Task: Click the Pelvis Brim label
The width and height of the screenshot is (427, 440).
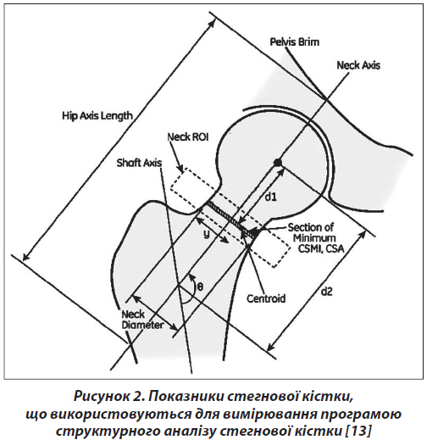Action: pyautogui.click(x=295, y=42)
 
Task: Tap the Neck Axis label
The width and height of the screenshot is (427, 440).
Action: pyautogui.click(x=358, y=65)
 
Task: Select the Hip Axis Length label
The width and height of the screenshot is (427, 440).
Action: pyautogui.click(x=97, y=116)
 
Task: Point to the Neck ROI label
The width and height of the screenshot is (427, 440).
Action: pyautogui.click(x=188, y=137)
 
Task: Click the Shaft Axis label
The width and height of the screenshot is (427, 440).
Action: pyautogui.click(x=140, y=163)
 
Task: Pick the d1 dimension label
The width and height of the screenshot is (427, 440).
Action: pyautogui.click(x=270, y=198)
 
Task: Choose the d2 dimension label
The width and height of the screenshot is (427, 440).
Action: pyautogui.click(x=326, y=292)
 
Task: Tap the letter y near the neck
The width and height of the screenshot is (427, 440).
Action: pyautogui.click(x=207, y=234)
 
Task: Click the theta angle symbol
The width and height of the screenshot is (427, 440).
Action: pyautogui.click(x=200, y=287)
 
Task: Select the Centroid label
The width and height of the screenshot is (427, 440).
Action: pyautogui.click(x=266, y=298)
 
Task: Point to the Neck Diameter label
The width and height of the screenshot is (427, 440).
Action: pyautogui.click(x=142, y=320)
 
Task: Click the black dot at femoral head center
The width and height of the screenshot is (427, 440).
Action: pyautogui.click(x=278, y=163)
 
